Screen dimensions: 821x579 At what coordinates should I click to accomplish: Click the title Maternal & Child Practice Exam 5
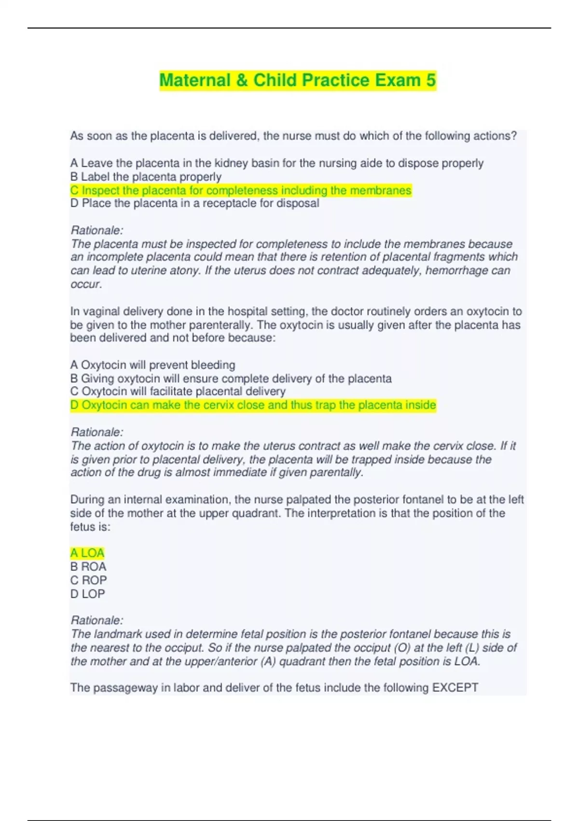pyautogui.click(x=297, y=80)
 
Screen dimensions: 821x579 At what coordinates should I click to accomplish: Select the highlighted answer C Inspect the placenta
pyautogui.click(x=241, y=190)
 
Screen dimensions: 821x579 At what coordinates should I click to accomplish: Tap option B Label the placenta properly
pyautogui.click(x=146, y=177)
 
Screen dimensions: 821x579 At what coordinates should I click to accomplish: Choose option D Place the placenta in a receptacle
pyautogui.click(x=194, y=203)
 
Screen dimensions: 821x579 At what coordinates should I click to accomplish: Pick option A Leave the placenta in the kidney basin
pyautogui.click(x=276, y=163)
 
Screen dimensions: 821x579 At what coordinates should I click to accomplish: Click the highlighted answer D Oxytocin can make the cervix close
pyautogui.click(x=253, y=405)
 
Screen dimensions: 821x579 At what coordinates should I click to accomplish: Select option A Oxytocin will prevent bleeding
pyautogui.click(x=152, y=365)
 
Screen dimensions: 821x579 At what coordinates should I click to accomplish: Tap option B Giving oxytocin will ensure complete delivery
pyautogui.click(x=231, y=378)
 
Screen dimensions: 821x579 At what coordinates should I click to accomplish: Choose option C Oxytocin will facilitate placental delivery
pyautogui.click(x=178, y=391)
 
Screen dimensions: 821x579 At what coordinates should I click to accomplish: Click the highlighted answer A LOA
pyautogui.click(x=87, y=553)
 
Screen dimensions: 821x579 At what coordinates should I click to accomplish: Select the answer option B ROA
pyautogui.click(x=88, y=566)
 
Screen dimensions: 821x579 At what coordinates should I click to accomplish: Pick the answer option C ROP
pyautogui.click(x=88, y=580)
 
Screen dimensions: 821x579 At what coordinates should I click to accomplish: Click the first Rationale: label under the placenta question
pyautogui.click(x=97, y=230)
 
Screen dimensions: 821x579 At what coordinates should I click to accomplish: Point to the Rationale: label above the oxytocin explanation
pyautogui.click(x=97, y=432)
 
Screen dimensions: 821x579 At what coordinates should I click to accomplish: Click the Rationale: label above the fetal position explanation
pyautogui.click(x=97, y=620)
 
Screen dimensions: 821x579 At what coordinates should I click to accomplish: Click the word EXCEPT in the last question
pyautogui.click(x=455, y=688)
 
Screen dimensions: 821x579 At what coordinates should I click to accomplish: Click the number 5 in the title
pyautogui.click(x=430, y=80)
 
